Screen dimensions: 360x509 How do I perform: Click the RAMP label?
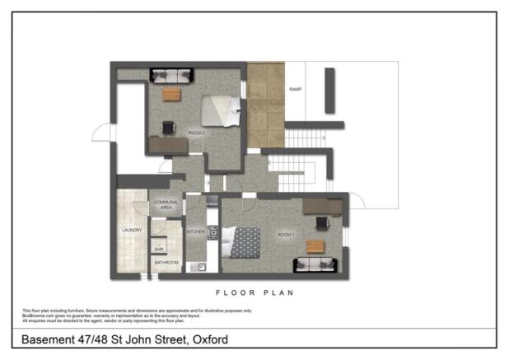click(x=295, y=89)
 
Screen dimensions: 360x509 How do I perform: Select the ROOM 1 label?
click(x=285, y=236)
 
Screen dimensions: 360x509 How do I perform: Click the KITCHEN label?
click(x=196, y=232)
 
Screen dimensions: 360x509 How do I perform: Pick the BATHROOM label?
click(x=167, y=263)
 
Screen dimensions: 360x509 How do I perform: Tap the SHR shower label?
click(x=159, y=248)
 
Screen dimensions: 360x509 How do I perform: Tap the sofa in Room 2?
click(x=171, y=76)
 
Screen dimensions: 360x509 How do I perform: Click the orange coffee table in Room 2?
click(x=171, y=95)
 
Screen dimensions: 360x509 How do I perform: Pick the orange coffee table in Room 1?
click(x=315, y=245)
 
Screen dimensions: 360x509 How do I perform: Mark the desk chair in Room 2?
click(x=169, y=128)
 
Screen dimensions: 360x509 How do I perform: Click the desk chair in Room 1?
click(x=320, y=221)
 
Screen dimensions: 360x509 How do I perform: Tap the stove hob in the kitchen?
click(x=212, y=233)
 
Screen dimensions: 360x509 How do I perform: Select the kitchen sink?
click(x=199, y=266)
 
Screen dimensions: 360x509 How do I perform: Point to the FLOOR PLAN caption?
click(x=254, y=292)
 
